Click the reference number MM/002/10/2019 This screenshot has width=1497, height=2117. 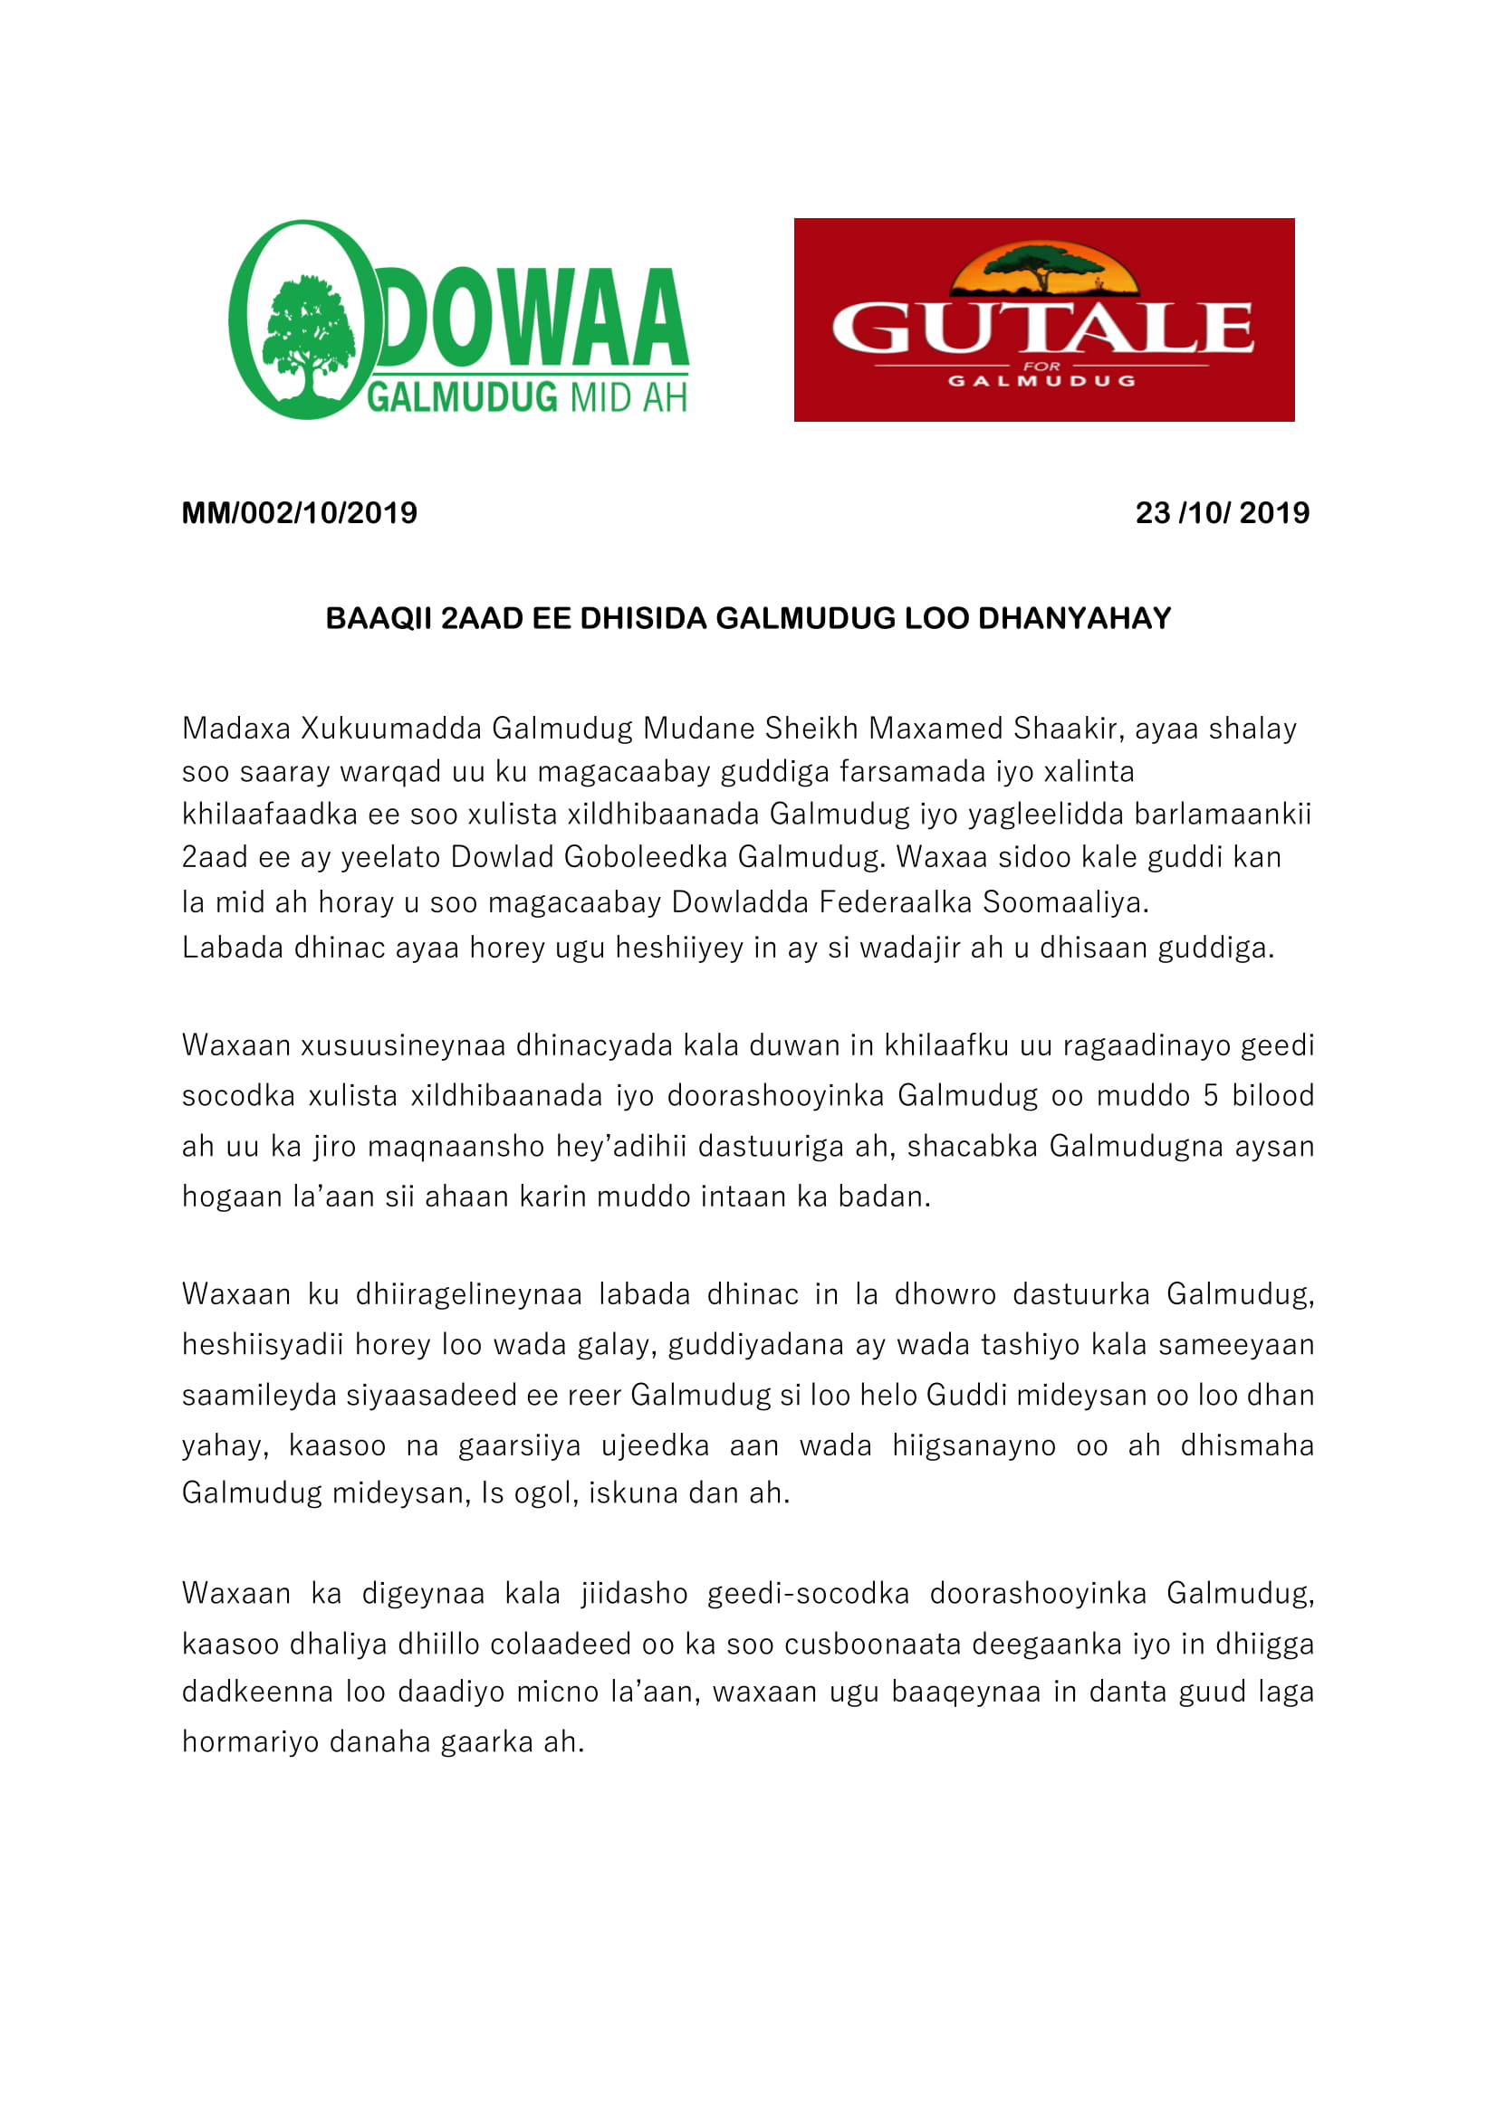click(x=299, y=512)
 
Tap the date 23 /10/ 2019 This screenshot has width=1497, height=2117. click(x=1221, y=512)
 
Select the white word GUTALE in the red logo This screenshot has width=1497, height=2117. click(x=1042, y=329)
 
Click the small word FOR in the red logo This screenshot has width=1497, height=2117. click(x=1042, y=366)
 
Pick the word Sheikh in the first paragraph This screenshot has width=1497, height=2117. click(x=811, y=729)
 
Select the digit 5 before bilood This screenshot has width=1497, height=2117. click(x=1211, y=1095)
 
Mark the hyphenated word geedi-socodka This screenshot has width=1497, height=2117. click(x=808, y=1593)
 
